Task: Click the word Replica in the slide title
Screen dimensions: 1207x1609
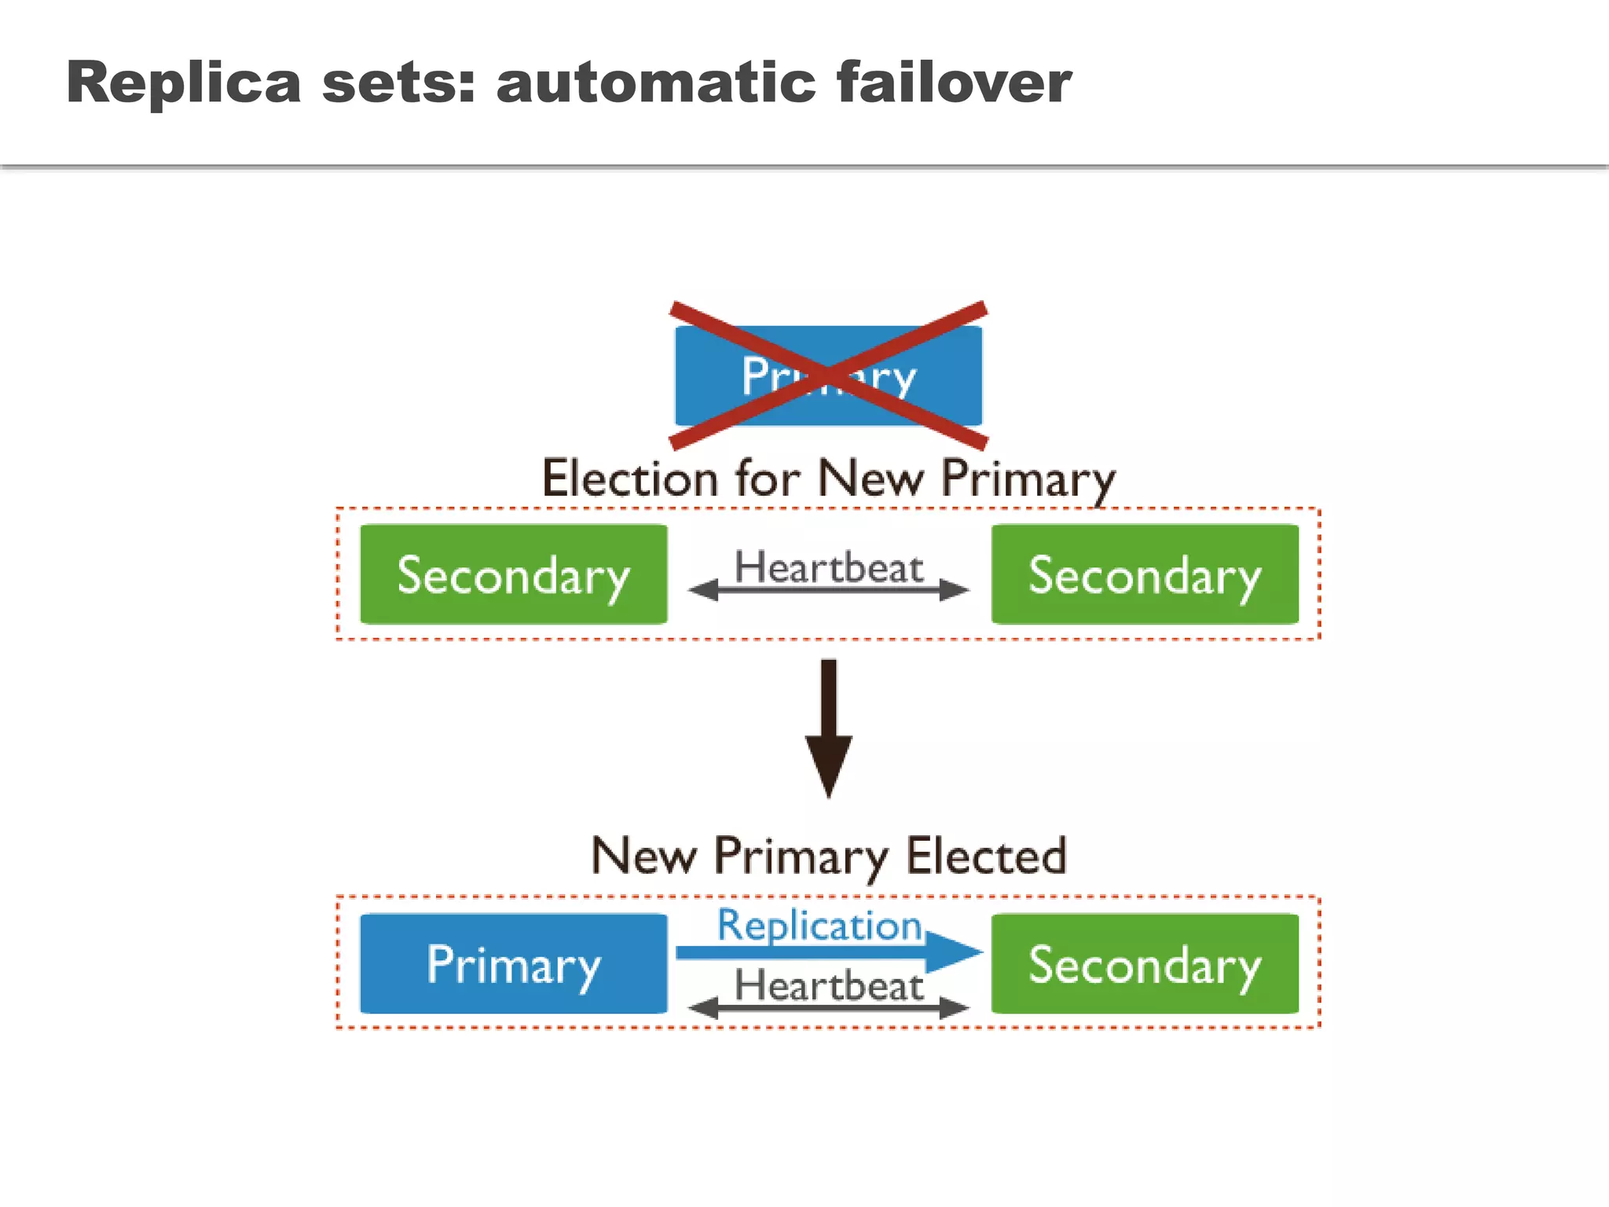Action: click(184, 83)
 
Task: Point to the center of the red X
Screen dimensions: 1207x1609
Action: click(829, 375)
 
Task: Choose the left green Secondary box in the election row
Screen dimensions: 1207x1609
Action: click(514, 574)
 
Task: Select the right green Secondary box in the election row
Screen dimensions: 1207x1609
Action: click(1145, 574)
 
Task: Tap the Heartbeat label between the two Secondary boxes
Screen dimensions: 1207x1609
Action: click(829, 567)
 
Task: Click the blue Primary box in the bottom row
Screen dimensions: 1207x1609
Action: click(514, 963)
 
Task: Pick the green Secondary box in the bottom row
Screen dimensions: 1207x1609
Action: click(1145, 963)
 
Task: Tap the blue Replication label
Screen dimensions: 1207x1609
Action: click(819, 926)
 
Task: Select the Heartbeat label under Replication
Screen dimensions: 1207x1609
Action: click(829, 985)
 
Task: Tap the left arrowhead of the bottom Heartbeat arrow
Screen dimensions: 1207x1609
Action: click(703, 1007)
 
